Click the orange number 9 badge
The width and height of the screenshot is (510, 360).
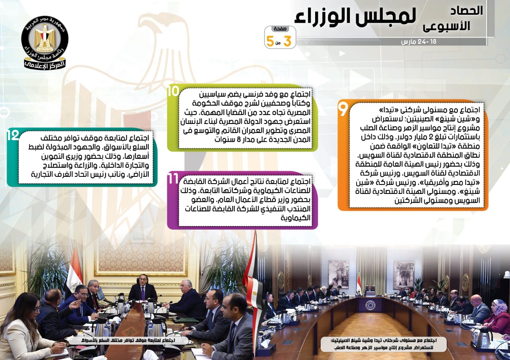(343, 109)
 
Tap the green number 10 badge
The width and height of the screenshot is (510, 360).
(173, 91)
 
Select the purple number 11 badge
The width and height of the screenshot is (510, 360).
(173, 179)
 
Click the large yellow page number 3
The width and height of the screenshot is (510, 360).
(287, 41)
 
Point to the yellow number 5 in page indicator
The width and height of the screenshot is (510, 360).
(270, 41)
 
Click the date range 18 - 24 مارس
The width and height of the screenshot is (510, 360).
(418, 42)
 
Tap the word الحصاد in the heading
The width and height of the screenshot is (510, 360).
(467, 11)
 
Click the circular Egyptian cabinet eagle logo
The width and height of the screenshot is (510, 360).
(45, 39)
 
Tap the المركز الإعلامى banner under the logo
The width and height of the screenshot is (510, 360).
(45, 65)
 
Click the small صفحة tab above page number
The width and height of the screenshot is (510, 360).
(280, 29)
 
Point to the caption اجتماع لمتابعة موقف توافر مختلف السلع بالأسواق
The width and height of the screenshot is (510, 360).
(129, 340)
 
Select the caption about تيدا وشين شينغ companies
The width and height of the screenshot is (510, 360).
(384, 344)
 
